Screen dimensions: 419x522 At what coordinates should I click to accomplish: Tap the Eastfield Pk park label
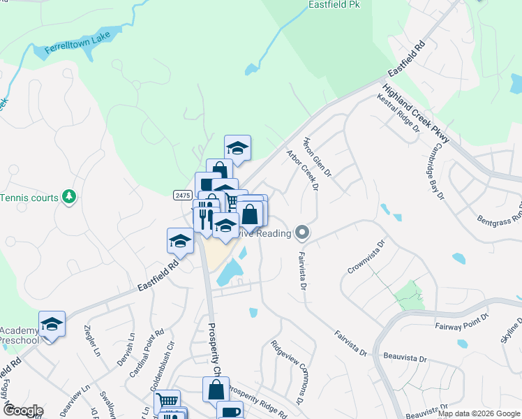coord(334,4)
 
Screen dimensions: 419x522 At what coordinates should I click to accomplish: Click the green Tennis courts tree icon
coord(68,198)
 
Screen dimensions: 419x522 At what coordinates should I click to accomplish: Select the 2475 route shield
coord(183,196)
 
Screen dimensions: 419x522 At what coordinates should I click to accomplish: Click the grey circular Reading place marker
coord(302,232)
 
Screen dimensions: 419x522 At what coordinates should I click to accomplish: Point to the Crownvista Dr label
coord(366,257)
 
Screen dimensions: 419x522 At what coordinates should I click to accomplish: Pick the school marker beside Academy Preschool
coord(52,325)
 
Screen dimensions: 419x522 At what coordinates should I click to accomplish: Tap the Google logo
coord(22,411)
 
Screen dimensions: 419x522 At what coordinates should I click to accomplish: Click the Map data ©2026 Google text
coord(478,413)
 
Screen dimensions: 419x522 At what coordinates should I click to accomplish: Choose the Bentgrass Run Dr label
coord(498,212)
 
